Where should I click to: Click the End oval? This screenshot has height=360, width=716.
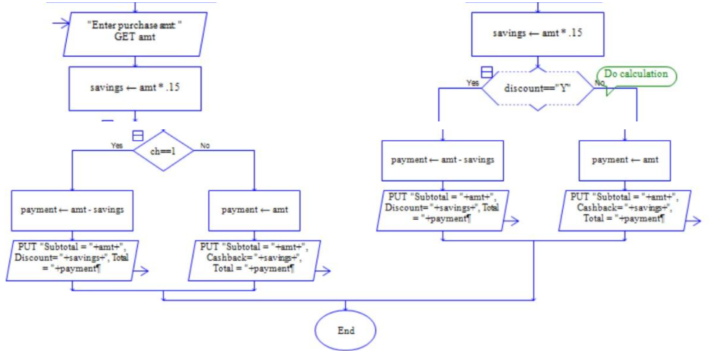click(346, 331)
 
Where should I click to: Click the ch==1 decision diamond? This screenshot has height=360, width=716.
click(164, 151)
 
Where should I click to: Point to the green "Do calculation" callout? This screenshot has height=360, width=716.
click(637, 75)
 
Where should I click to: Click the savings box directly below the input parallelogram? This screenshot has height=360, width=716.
click(135, 88)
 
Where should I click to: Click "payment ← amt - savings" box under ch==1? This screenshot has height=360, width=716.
click(73, 210)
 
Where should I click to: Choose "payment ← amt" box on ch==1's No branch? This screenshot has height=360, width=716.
click(254, 210)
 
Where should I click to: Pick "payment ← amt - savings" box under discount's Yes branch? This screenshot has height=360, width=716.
click(442, 160)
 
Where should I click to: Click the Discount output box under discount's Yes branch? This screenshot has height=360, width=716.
click(442, 208)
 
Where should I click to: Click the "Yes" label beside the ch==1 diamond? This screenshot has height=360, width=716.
click(116, 145)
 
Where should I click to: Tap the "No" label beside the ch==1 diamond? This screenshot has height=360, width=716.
click(205, 145)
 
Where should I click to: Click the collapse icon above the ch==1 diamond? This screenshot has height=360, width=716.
click(138, 135)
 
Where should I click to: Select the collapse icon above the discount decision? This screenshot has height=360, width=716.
click(487, 72)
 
